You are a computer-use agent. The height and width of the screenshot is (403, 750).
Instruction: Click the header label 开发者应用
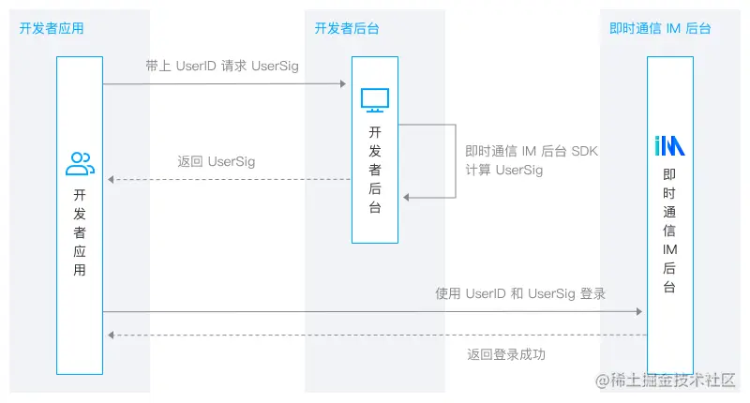click(52, 28)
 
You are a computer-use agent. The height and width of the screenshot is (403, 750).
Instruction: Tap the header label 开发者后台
click(347, 28)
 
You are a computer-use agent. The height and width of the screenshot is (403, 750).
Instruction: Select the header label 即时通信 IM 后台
click(660, 28)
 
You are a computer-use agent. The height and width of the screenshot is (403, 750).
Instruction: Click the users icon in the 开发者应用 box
click(80, 164)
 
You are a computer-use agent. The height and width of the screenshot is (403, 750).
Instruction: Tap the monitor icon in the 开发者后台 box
click(375, 99)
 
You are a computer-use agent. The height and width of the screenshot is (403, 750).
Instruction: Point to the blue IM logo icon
click(669, 145)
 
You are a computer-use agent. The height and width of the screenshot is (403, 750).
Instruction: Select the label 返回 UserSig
click(217, 161)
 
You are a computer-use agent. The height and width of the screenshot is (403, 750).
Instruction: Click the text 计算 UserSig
click(504, 170)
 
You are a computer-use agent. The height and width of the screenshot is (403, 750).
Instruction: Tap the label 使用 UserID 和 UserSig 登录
click(520, 293)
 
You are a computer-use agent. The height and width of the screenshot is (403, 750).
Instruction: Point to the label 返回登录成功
click(506, 354)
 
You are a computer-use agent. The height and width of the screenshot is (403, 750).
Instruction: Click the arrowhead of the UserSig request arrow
click(342, 84)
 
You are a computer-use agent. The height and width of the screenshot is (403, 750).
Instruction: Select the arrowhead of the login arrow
click(638, 311)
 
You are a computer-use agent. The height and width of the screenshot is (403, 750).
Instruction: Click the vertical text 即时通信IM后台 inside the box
click(669, 231)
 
